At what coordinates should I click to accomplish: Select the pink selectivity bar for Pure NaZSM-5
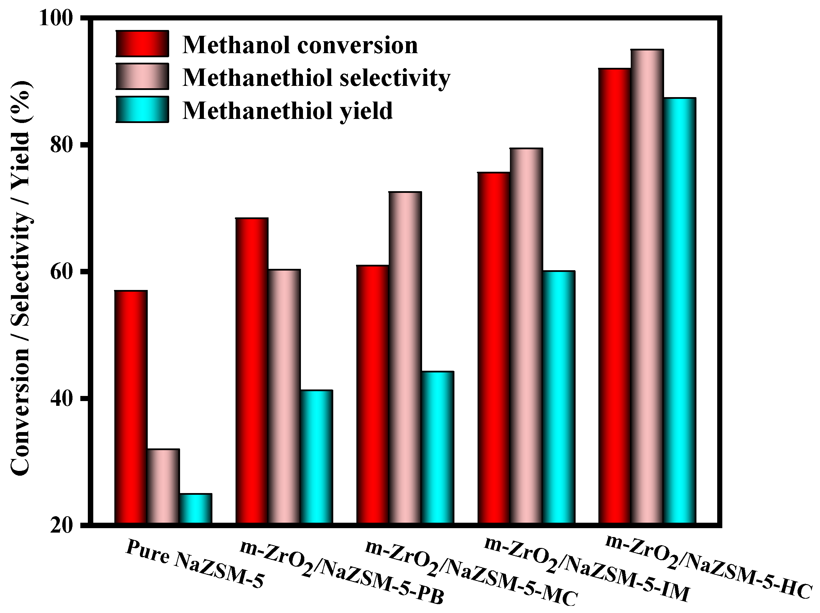pos(163,486)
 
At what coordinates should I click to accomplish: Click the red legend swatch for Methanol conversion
pos(142,44)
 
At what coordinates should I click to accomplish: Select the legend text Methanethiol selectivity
pos(316,78)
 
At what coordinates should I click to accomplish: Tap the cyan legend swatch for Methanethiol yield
pos(142,110)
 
